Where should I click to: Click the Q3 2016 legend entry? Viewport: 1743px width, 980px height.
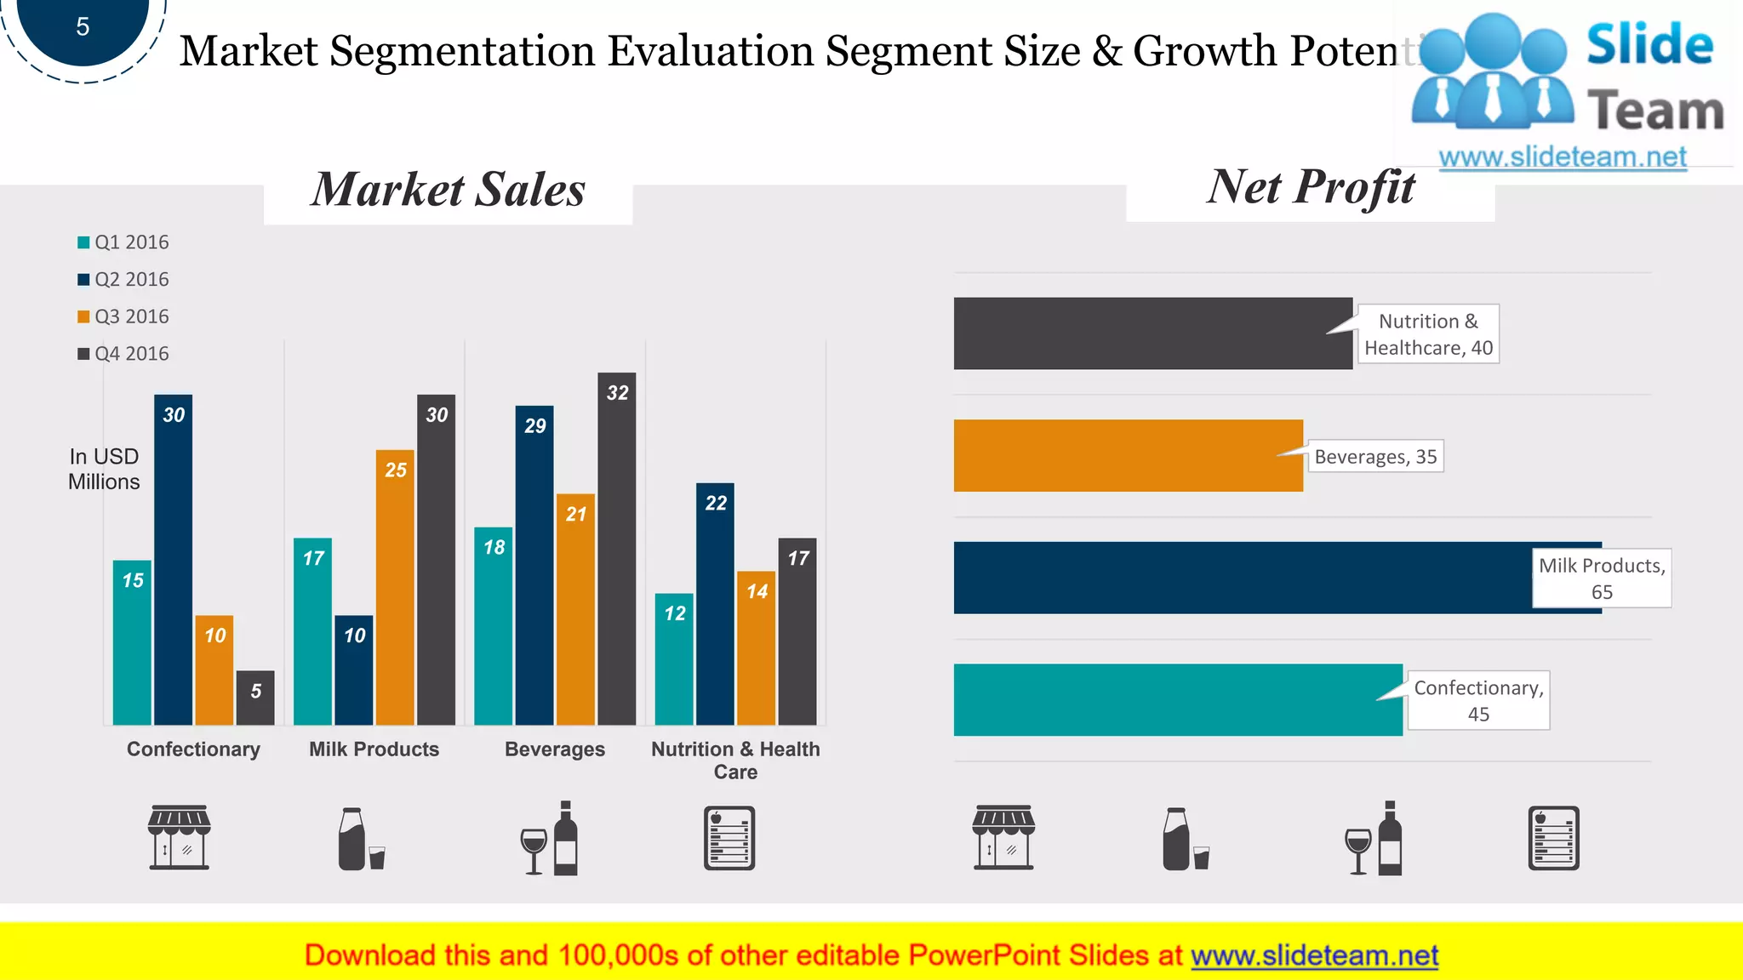[x=123, y=316]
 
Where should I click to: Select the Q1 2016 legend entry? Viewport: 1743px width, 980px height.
[x=123, y=242]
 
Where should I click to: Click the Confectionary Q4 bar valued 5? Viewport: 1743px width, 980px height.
[x=255, y=698]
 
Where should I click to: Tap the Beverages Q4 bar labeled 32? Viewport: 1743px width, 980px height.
[x=616, y=549]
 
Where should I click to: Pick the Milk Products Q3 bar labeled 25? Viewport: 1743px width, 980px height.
[x=395, y=587]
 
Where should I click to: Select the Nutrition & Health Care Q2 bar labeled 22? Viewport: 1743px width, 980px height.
[x=715, y=604]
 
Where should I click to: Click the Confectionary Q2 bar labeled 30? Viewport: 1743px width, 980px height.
[x=173, y=559]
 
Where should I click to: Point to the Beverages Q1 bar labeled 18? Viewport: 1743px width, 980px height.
[x=493, y=626]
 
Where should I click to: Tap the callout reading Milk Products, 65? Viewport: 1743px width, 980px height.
[x=1601, y=578]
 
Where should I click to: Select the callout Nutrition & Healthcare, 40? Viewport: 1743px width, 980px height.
[x=1427, y=334]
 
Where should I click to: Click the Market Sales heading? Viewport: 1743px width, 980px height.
[x=448, y=190]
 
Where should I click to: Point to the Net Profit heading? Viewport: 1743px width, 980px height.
[x=1311, y=187]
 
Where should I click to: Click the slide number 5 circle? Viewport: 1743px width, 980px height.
[x=83, y=27]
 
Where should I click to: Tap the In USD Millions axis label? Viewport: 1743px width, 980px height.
[x=104, y=469]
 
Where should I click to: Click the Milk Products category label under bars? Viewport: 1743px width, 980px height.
[x=374, y=749]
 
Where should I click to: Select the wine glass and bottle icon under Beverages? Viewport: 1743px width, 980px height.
[x=549, y=838]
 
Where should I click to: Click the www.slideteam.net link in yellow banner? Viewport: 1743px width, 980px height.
[x=1314, y=955]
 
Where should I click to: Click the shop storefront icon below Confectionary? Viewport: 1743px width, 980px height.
[x=179, y=837]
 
